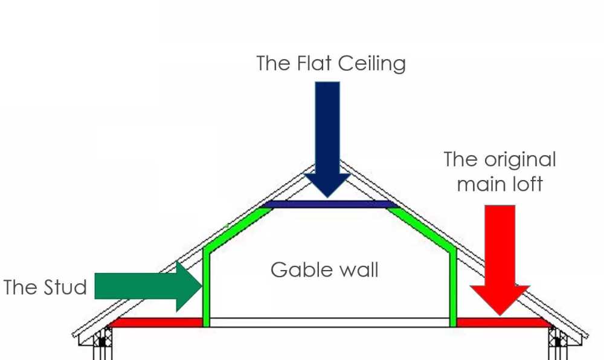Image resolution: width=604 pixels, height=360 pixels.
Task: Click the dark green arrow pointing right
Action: pyautogui.click(x=149, y=286)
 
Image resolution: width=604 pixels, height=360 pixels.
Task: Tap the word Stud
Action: pyautogui.click(x=65, y=288)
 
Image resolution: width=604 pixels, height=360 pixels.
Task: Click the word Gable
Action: pyautogui.click(x=296, y=269)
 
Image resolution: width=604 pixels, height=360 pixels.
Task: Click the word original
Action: pyautogui.click(x=520, y=160)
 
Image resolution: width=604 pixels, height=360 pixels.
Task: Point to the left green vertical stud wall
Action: pyautogui.click(x=206, y=288)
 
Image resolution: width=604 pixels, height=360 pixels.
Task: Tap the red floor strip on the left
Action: pyautogui.click(x=156, y=323)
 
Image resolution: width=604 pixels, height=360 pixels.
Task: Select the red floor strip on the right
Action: pyautogui.click(x=503, y=323)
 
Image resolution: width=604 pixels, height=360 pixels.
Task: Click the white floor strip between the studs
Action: pyautogui.click(x=330, y=323)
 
